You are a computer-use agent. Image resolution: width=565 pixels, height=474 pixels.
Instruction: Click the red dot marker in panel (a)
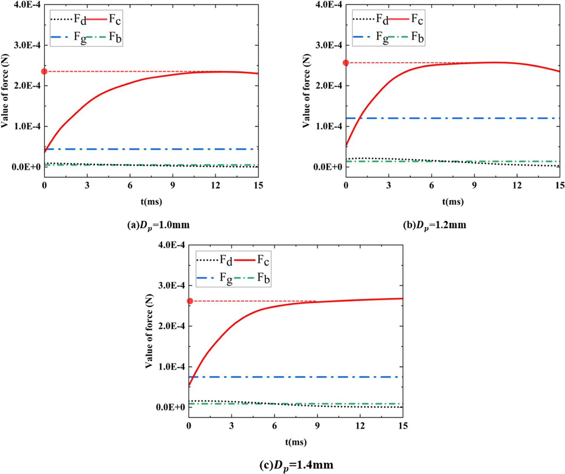pos(44,71)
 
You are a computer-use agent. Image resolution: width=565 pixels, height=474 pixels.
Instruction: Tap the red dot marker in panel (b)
pos(346,63)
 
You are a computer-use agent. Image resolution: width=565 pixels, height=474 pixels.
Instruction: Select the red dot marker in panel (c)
pos(190,301)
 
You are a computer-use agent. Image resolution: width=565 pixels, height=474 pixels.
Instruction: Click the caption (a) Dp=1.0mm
pos(158,225)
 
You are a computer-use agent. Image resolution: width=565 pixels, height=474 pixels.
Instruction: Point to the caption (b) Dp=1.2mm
pos(434,225)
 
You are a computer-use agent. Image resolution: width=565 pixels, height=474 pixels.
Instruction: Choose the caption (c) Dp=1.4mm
pos(296,465)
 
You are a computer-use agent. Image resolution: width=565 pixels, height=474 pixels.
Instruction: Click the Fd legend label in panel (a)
pos(79,19)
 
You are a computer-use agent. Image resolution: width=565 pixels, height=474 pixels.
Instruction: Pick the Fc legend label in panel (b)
pos(417,19)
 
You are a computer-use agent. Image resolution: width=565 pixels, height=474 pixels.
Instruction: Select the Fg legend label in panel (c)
pos(226,278)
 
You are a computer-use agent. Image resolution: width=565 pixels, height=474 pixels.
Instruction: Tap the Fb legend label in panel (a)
pos(115,37)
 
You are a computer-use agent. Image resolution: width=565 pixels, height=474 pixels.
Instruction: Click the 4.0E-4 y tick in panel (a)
pos(26,5)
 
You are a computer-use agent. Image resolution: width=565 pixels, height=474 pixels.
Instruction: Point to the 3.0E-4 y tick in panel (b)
pos(328,45)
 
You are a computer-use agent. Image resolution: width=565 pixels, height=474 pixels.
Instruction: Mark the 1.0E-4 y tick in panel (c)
pos(171,367)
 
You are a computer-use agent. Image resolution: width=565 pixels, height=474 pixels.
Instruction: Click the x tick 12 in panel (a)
pos(215,185)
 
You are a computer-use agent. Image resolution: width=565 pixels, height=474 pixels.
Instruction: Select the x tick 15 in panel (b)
pos(560,185)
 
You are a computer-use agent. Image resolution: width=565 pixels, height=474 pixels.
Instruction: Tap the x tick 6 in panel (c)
pos(274,425)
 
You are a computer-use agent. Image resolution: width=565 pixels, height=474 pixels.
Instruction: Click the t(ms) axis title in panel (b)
pos(453,201)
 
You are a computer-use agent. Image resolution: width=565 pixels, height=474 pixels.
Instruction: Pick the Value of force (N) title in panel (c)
pos(149,331)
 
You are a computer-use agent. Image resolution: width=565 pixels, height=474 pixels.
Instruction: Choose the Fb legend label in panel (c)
pos(263,278)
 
